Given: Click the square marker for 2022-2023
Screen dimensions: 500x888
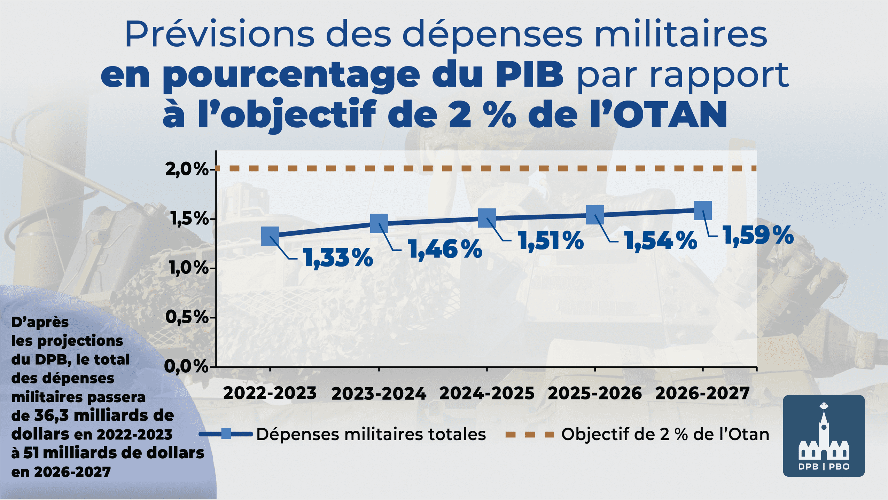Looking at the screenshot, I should pos(270,236).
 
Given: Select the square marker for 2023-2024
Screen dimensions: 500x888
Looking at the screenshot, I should pos(379,223).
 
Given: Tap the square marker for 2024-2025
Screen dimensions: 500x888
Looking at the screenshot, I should pos(487,218).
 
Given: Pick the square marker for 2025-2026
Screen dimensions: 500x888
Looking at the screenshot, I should pos(595,214).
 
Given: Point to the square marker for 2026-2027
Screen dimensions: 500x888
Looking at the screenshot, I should pos(703,211).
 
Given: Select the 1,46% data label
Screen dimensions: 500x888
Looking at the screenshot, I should pos(445,249).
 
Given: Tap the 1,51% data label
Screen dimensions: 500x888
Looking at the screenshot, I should pos(551,241).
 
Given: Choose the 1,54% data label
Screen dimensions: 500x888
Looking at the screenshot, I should pos(661,241).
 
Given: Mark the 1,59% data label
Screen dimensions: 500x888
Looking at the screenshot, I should pos(758,236).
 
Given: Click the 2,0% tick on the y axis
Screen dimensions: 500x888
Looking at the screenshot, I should pos(187,169).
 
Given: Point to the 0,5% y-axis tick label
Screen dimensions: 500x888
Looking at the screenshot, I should pos(187,317).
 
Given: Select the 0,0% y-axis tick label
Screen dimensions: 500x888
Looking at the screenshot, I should pos(186,367).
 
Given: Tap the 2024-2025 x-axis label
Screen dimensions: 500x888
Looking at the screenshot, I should pos(487,394).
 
